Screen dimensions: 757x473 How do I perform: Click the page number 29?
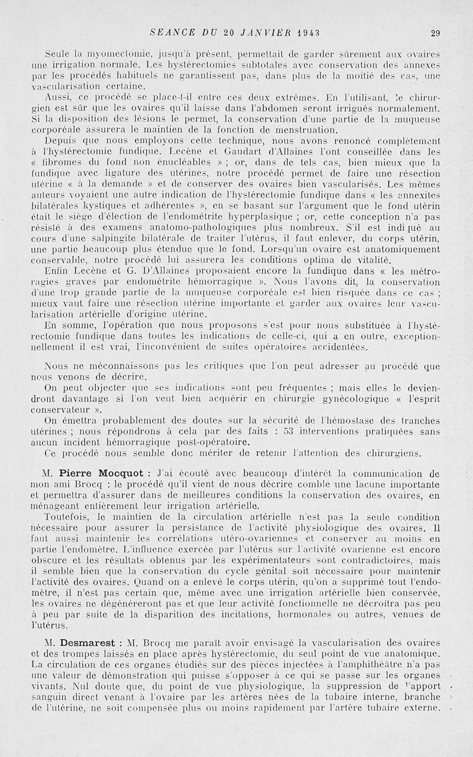(436, 33)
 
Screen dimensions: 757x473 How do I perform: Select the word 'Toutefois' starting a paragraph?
(66, 516)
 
